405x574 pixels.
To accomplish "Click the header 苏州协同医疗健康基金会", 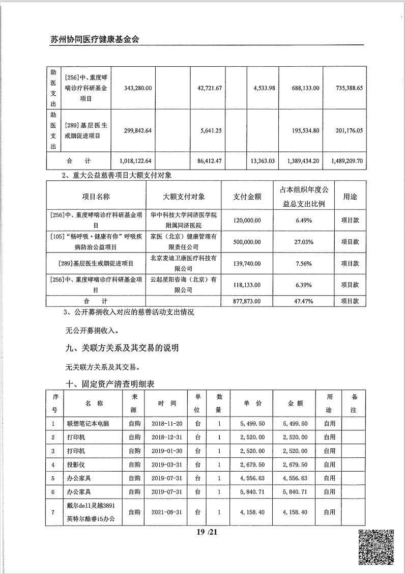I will (95, 39).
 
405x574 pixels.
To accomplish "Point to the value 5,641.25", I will (209, 130).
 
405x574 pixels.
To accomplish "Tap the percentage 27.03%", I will (303, 242).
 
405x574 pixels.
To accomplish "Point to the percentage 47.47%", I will (303, 301).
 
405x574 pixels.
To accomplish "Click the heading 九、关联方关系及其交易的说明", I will (118, 349).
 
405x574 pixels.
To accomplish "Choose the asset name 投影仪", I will (74, 464).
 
